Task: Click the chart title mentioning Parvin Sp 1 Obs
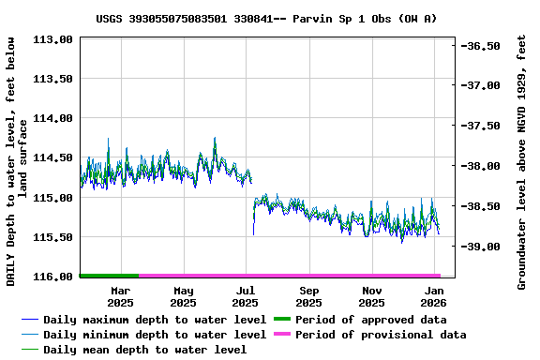coord(266,19)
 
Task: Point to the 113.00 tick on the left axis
coord(53,40)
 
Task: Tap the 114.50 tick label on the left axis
coord(53,158)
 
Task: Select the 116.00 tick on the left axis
coord(53,277)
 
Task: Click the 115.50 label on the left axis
coord(53,238)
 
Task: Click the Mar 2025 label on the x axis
coord(120,297)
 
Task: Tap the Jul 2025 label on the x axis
coord(245,297)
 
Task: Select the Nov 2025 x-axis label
coord(372,297)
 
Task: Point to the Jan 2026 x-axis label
coord(432,297)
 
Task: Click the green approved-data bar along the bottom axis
coord(109,276)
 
